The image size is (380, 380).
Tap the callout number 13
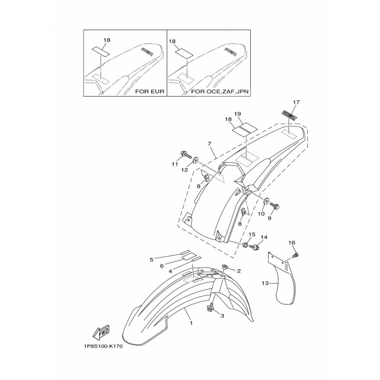pos(265,283)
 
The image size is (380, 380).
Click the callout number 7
pos(209,144)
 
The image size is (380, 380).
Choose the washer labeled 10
pos(265,201)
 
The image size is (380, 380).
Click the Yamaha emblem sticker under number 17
pos(290,114)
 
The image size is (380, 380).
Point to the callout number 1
pos(191,323)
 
